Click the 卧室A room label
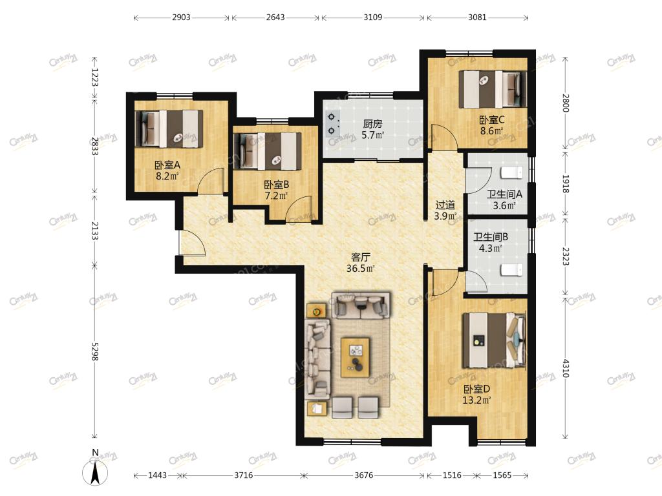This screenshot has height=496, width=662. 167,165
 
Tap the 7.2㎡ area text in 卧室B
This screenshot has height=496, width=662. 276,196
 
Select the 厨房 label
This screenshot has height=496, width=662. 373,124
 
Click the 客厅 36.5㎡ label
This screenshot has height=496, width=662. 361,263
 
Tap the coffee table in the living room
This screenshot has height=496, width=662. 356,357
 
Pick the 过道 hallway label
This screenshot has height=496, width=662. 445,205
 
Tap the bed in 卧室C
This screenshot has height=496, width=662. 493,89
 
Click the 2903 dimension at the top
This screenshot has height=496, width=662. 181,17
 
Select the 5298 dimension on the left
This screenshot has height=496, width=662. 94,351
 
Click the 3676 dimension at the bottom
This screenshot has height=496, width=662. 363,475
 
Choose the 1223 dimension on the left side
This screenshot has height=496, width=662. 94,77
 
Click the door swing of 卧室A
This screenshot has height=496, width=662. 211,181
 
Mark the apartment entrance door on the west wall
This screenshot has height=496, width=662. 192,243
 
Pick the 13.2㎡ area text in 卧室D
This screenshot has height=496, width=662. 476,400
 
